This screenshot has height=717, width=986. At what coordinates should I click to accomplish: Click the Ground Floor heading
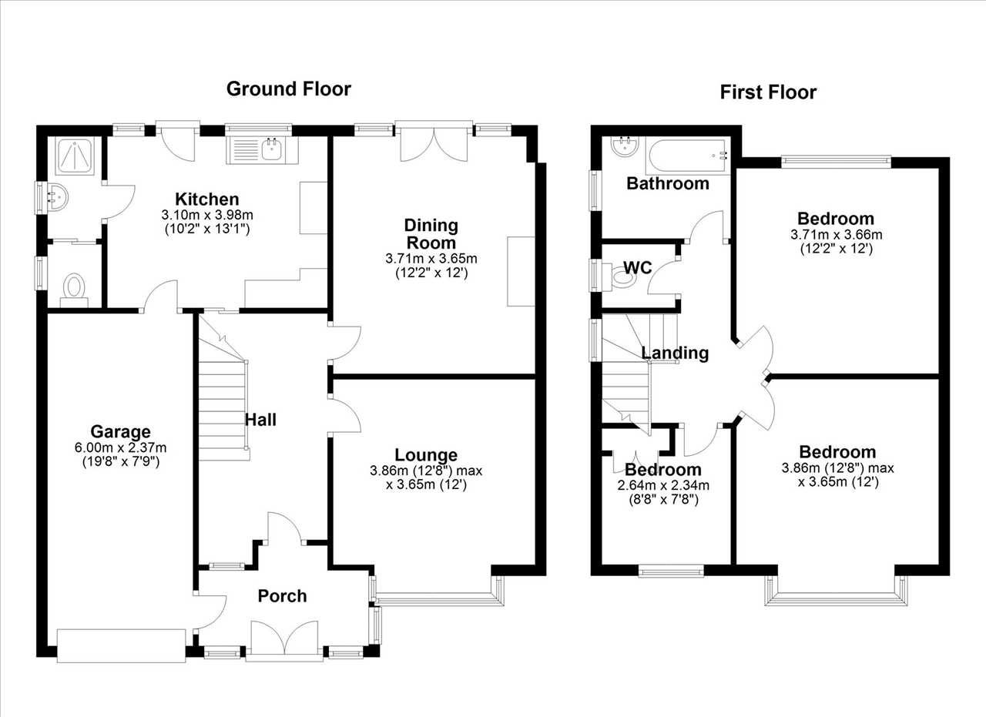click(289, 89)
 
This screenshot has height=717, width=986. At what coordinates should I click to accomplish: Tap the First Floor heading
click(768, 92)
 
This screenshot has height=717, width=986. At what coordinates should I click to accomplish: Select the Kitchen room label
click(207, 199)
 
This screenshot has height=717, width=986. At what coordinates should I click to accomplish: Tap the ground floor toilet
click(74, 290)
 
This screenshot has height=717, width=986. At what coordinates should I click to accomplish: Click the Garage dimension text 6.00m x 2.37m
click(121, 448)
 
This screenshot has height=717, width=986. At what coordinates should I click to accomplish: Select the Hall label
click(260, 420)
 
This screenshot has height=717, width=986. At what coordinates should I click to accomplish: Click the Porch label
click(282, 596)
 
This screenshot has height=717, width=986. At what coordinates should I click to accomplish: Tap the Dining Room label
click(431, 234)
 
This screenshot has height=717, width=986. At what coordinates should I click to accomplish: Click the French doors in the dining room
click(434, 144)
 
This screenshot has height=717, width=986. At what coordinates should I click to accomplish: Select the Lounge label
click(426, 454)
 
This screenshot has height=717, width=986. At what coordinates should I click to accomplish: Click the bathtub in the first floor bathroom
click(689, 156)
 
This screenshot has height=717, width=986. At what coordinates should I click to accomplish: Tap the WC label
click(637, 267)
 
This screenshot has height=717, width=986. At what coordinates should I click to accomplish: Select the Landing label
click(675, 353)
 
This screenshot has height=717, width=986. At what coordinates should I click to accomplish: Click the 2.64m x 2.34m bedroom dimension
click(663, 485)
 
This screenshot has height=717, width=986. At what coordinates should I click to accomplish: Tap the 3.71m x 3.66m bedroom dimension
click(836, 235)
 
